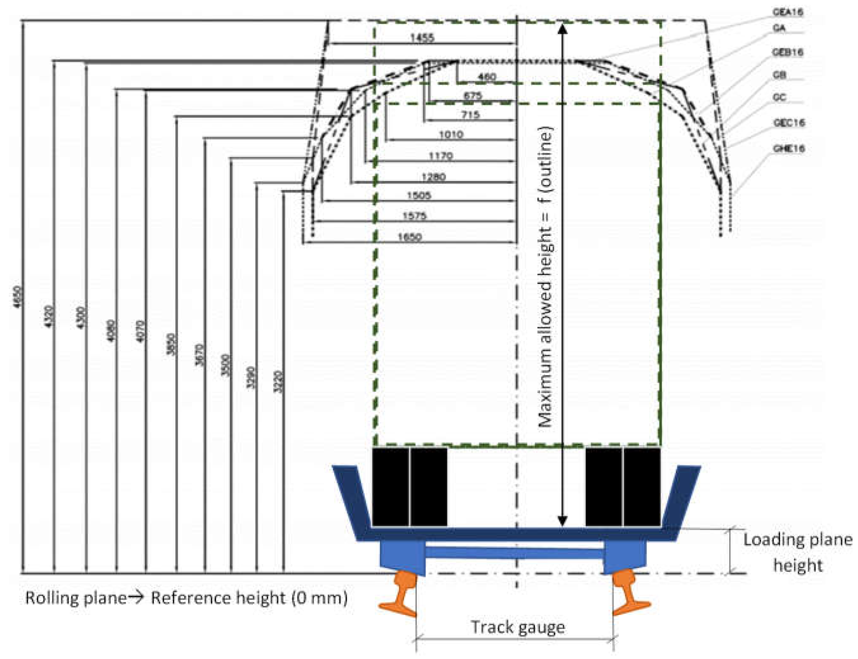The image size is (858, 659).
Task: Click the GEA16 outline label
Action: pyautogui.click(x=787, y=12)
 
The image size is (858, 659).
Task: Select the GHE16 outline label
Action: pyautogui.click(x=788, y=148)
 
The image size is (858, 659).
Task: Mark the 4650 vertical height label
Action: pyautogui.click(x=18, y=297)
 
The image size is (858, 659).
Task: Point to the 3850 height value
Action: pyautogui.click(x=171, y=344)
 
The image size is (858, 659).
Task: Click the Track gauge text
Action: pyautogui.click(x=518, y=626)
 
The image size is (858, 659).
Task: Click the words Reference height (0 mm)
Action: pyautogui.click(x=249, y=598)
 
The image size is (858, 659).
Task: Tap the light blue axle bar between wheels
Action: pyautogui.click(x=514, y=552)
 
